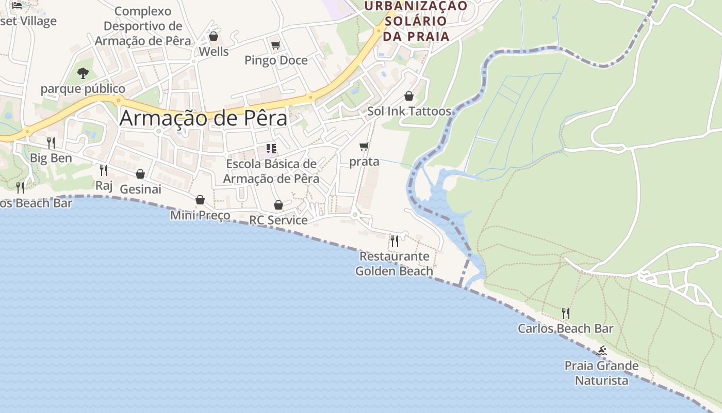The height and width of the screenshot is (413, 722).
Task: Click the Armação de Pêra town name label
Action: pos(203,118)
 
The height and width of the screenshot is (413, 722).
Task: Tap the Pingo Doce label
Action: pos(276,60)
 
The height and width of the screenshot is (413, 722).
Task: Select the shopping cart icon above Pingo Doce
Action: pos(275,45)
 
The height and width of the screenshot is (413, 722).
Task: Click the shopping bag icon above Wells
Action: pos(213,36)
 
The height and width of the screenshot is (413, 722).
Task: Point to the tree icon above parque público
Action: pos(83,73)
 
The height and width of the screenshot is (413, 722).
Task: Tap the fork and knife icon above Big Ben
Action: pos(51,142)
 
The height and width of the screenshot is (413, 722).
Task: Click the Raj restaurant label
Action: pos(104,185)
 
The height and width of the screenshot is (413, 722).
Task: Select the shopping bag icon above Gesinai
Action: pos(140,174)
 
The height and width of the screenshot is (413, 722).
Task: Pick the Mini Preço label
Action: pos(200,215)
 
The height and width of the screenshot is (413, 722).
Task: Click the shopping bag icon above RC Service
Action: pos(278,205)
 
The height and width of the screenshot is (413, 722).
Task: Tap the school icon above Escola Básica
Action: pos(271,149)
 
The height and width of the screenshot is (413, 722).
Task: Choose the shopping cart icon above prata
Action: pos(364,147)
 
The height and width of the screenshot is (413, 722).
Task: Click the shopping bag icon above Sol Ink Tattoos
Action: pos(409,96)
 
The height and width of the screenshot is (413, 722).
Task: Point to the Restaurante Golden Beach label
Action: pos(395,263)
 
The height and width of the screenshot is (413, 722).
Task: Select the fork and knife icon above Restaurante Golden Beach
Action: pos(395,241)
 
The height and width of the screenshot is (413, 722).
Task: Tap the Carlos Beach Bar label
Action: pos(566,328)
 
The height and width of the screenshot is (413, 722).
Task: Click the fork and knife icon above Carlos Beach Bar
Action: pos(566,313)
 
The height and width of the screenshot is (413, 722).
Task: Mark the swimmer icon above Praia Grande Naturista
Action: pos(601,351)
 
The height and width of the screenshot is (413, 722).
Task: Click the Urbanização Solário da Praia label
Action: pos(415,21)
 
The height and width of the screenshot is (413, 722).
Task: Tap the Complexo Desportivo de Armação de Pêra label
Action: pos(143,26)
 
